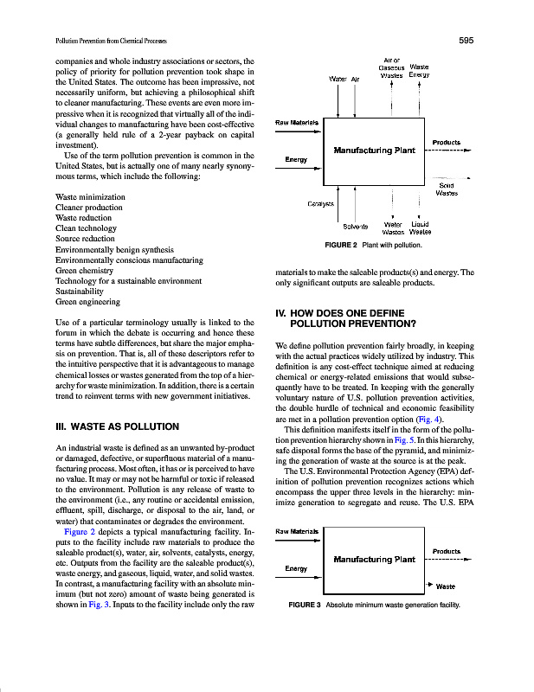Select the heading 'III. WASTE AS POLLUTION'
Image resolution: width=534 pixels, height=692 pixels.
pyautogui.click(x=117, y=426)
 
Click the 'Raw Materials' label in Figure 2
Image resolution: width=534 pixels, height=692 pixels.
pyautogui.click(x=296, y=122)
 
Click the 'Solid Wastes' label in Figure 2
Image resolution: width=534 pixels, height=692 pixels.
pyautogui.click(x=447, y=189)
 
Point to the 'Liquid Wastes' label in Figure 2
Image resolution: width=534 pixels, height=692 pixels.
pyautogui.click(x=421, y=227)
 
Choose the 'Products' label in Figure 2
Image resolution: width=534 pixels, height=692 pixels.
pyautogui.click(x=446, y=142)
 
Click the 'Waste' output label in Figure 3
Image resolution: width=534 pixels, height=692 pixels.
pyautogui.click(x=447, y=586)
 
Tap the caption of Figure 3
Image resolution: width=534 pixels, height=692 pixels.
pyautogui.click(x=373, y=605)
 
